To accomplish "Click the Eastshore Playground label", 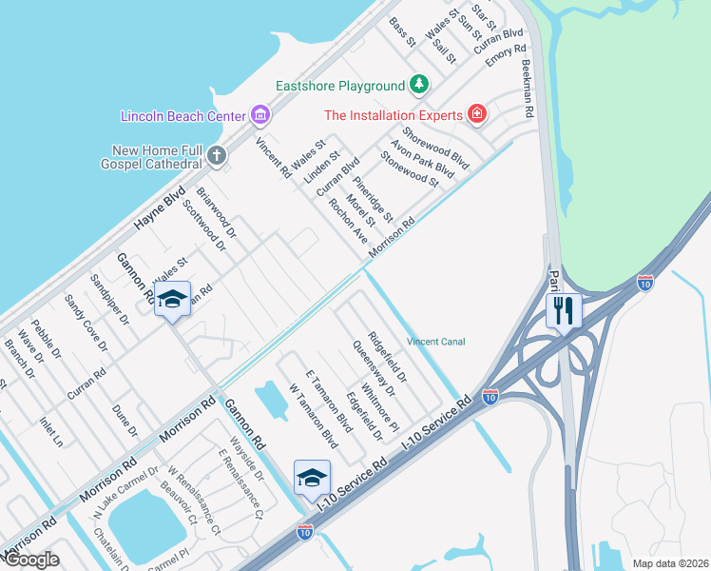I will pyautogui.click(x=340, y=86).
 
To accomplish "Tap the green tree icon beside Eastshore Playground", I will pyautogui.click(x=418, y=86).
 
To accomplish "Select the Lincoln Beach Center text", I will pyautogui.click(x=183, y=116).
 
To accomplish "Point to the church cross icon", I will pyautogui.click(x=217, y=155).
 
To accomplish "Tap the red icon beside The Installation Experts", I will pyautogui.click(x=477, y=115).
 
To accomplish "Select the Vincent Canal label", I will pyautogui.click(x=435, y=342).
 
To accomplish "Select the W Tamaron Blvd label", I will pyautogui.click(x=315, y=416).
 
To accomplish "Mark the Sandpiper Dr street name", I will pyautogui.click(x=109, y=300).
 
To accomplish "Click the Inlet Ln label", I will pyautogui.click(x=51, y=428).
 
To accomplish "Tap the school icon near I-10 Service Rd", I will pyautogui.click(x=312, y=479).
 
